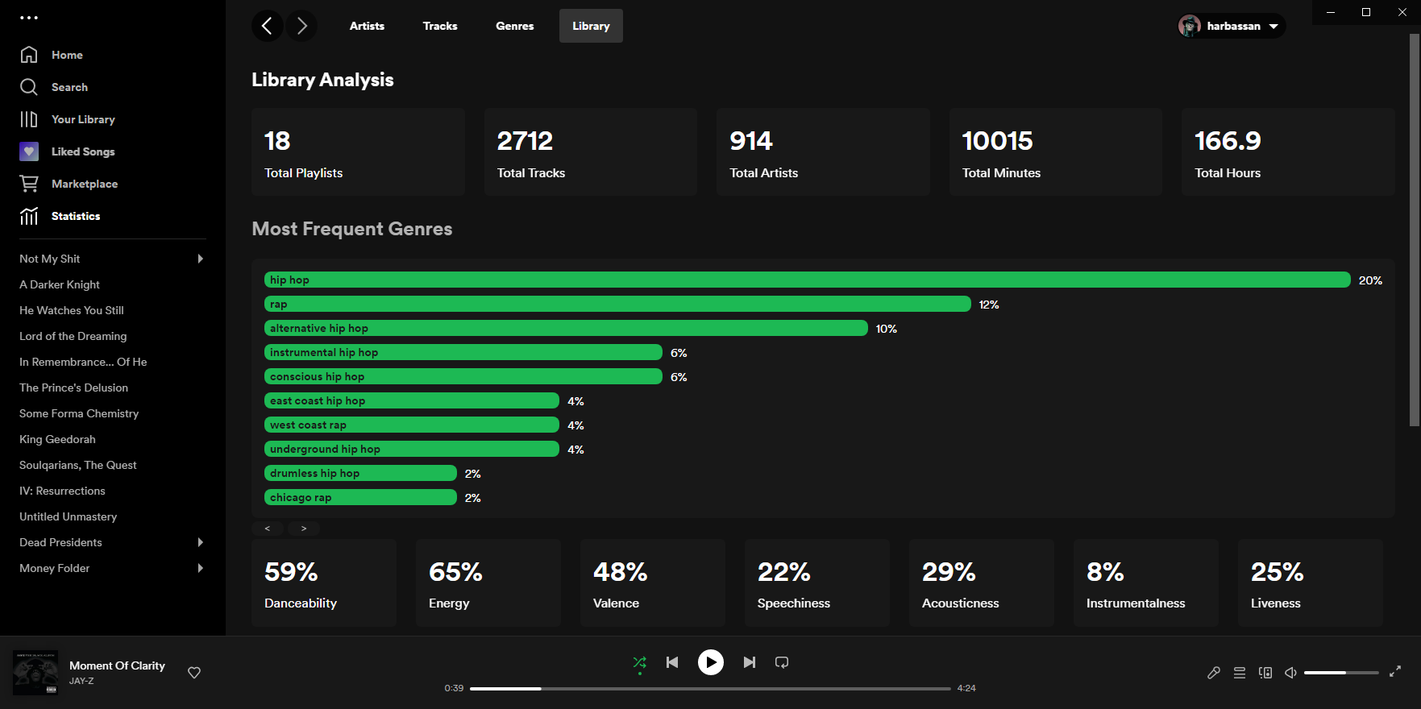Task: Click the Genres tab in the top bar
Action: pos(514,26)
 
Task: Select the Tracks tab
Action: pos(439,26)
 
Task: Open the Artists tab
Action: pos(367,26)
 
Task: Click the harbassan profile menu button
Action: pos(1231,26)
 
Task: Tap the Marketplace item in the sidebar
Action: pos(84,184)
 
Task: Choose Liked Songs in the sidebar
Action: pos(82,151)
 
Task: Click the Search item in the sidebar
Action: pos(69,87)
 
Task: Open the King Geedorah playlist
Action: pos(57,439)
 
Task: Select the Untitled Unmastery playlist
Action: pos(68,516)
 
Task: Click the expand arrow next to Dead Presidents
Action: pos(201,542)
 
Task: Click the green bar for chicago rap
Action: pos(360,497)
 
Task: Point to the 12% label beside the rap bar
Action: pos(988,305)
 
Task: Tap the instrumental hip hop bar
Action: pos(463,352)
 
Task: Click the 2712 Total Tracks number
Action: pos(525,141)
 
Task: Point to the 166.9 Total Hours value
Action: pos(1227,141)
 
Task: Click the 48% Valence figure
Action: pos(620,572)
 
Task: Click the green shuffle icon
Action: pos(639,662)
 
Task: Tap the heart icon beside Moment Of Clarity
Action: pos(194,673)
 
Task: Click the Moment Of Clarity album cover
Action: pos(35,673)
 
